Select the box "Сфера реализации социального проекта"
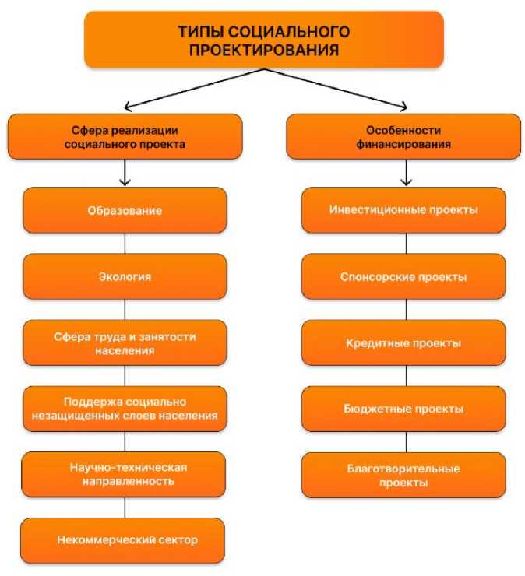[125, 136]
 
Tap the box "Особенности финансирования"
[403, 136]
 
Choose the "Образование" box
[125, 210]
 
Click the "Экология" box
[125, 276]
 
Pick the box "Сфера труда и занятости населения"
[125, 343]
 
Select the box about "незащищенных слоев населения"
[125, 409]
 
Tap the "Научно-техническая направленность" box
[125, 475]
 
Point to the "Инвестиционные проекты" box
[403, 210]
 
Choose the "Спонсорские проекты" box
[403, 276]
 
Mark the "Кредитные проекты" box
[403, 343]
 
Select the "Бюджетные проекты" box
[403, 409]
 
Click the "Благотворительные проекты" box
[403, 475]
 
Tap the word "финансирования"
[403, 144]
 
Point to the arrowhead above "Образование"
[125, 182]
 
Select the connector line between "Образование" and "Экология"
[125, 244]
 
